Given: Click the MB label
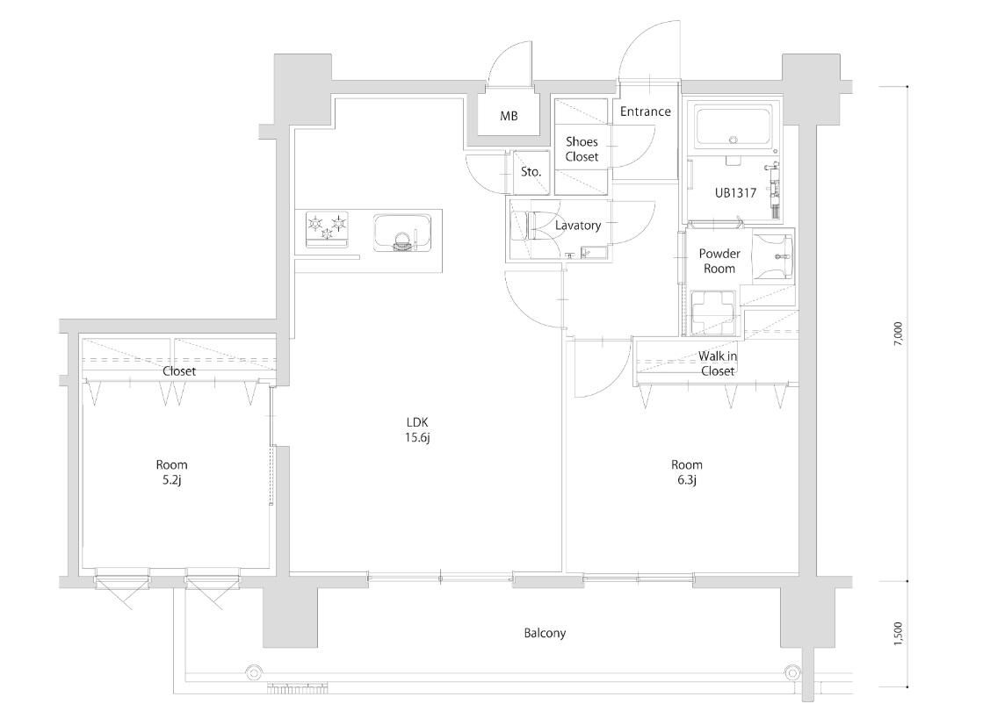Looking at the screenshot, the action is pos(509,116).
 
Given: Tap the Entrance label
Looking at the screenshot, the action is pos(646,111).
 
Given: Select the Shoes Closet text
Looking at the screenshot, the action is pos(582,149).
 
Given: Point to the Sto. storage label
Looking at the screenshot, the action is pos(531,171).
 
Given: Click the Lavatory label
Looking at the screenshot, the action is pos(578,226).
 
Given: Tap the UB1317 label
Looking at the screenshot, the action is pos(735,193).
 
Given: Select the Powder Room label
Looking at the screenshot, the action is pos(719,262).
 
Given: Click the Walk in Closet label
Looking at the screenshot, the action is pos(718,364).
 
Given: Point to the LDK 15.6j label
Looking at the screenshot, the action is pos(417,429).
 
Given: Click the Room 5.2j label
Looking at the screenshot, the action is pos(172,472).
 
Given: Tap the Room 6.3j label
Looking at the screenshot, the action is pos(687,472).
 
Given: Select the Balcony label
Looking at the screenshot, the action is pos(545,634).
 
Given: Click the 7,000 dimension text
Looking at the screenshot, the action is pos(899,334).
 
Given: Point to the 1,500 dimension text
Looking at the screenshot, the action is pos(899,634).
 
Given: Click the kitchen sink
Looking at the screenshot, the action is pos(402,233).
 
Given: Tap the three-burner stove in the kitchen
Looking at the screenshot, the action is pos(327,230).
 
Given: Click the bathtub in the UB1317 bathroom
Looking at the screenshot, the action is pos(733,131).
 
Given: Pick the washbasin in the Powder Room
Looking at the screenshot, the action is pos(774,256).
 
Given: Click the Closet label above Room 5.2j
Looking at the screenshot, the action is pos(179,371).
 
